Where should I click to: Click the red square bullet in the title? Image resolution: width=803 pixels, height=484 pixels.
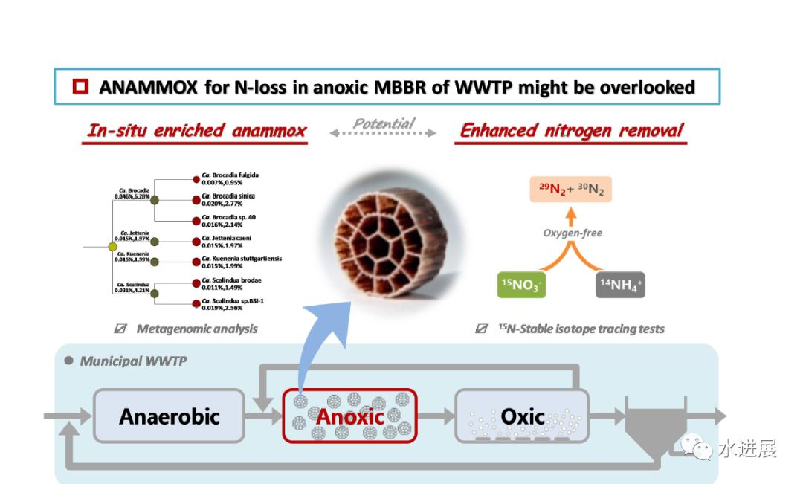click(x=80, y=87)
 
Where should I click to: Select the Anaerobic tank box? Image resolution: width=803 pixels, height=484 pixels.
click(x=169, y=416)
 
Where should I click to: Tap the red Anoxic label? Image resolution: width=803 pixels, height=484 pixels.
click(x=350, y=416)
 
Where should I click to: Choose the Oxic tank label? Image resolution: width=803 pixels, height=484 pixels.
click(x=522, y=416)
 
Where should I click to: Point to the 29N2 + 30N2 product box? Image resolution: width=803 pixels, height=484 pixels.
click(x=571, y=191)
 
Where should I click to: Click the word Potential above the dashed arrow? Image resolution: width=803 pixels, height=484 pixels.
click(x=383, y=123)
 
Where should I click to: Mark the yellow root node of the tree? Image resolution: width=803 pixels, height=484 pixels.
click(x=112, y=245)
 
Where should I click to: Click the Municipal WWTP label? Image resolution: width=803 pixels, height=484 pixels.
click(x=133, y=361)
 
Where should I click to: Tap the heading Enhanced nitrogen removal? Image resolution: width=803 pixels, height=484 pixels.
click(x=571, y=132)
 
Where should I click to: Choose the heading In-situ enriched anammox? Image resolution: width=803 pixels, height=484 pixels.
click(x=196, y=132)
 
